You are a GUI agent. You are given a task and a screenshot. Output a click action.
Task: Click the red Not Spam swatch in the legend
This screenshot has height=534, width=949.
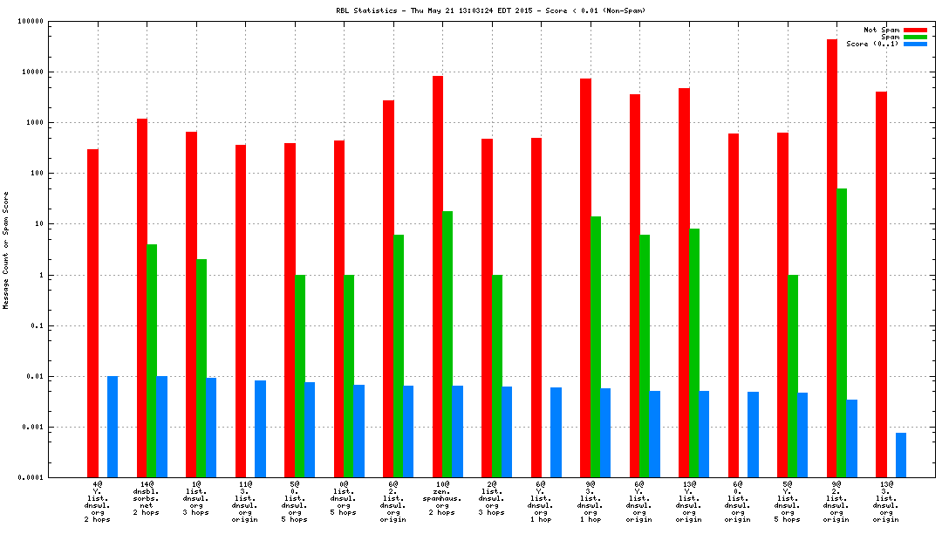[914, 30]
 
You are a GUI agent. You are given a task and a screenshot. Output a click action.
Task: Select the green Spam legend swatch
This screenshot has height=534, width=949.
[914, 37]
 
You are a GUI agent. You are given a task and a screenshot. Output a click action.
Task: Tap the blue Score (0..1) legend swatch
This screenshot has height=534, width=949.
[914, 44]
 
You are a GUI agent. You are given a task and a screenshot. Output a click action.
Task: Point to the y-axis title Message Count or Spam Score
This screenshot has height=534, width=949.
[6, 250]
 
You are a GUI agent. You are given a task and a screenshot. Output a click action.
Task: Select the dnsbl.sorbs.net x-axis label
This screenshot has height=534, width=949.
[146, 501]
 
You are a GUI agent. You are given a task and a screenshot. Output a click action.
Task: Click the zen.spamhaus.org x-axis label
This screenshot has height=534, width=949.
[442, 501]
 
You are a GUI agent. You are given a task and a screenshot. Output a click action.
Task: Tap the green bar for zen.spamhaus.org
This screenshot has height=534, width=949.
[447, 344]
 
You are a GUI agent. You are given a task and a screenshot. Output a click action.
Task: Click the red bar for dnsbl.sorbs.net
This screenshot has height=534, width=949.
[141, 298]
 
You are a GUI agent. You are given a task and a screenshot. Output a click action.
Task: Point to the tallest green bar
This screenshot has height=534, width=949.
[842, 332]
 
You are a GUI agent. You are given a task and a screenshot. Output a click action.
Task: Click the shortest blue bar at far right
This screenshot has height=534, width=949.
[901, 455]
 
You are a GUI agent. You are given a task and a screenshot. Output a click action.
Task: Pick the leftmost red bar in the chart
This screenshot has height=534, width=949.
[92, 313]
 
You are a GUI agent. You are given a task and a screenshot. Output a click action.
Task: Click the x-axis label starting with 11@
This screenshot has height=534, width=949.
[244, 501]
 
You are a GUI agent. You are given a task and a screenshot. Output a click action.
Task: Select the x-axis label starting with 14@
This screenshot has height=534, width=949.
[146, 483]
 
